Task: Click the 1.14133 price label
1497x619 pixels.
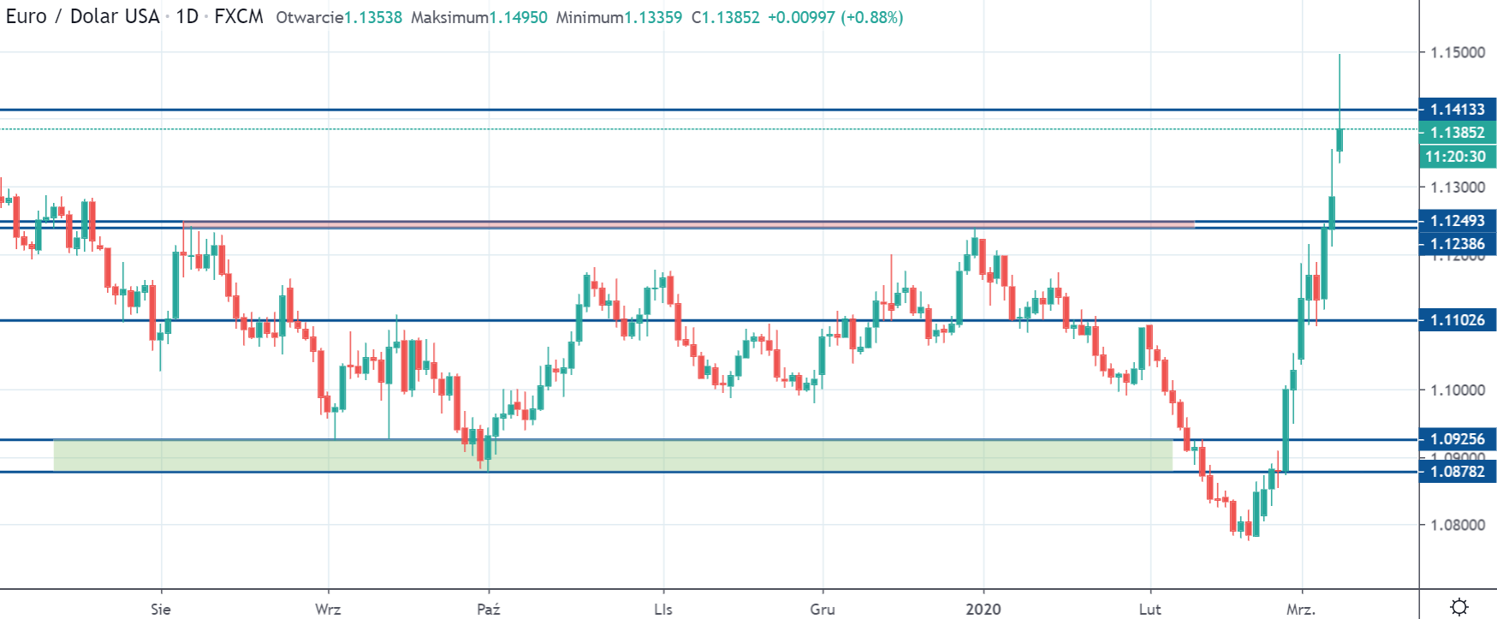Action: [1457, 110]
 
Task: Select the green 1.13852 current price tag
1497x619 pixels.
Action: [1457, 133]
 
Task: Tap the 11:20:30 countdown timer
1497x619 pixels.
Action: [1455, 157]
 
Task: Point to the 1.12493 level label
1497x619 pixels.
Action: [1457, 221]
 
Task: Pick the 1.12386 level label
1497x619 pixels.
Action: [1457, 244]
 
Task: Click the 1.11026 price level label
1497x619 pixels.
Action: [1457, 320]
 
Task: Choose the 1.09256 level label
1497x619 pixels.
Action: [1457, 439]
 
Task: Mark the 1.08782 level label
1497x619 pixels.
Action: [1457, 471]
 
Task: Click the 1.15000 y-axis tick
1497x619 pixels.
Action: [1458, 52]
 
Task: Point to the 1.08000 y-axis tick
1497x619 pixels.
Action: [1458, 525]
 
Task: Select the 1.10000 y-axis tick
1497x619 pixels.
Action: [1458, 390]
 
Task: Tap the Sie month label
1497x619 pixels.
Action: [160, 610]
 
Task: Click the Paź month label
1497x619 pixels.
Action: [488, 610]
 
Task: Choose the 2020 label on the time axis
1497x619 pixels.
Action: [983, 610]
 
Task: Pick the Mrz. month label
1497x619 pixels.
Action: [1300, 610]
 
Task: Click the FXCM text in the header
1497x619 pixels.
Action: [239, 17]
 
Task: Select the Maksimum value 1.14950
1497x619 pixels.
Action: [518, 17]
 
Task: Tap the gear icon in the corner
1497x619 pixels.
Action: [1459, 607]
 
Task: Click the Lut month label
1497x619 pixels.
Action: [1149, 610]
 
